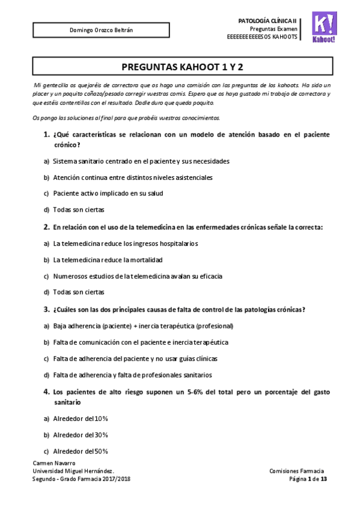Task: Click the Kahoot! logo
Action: (325, 27)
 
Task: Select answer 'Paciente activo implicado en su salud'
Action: (108, 193)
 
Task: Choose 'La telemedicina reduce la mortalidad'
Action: (108, 260)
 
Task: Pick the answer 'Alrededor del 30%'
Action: (80, 434)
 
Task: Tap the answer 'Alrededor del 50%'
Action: (80, 451)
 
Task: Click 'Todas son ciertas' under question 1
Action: (78, 210)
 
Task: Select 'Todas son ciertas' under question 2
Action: (78, 292)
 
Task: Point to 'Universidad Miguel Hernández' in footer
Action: (73, 471)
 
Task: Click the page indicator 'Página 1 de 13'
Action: (308, 479)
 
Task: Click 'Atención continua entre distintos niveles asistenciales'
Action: (132, 177)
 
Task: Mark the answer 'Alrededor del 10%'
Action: (80, 418)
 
